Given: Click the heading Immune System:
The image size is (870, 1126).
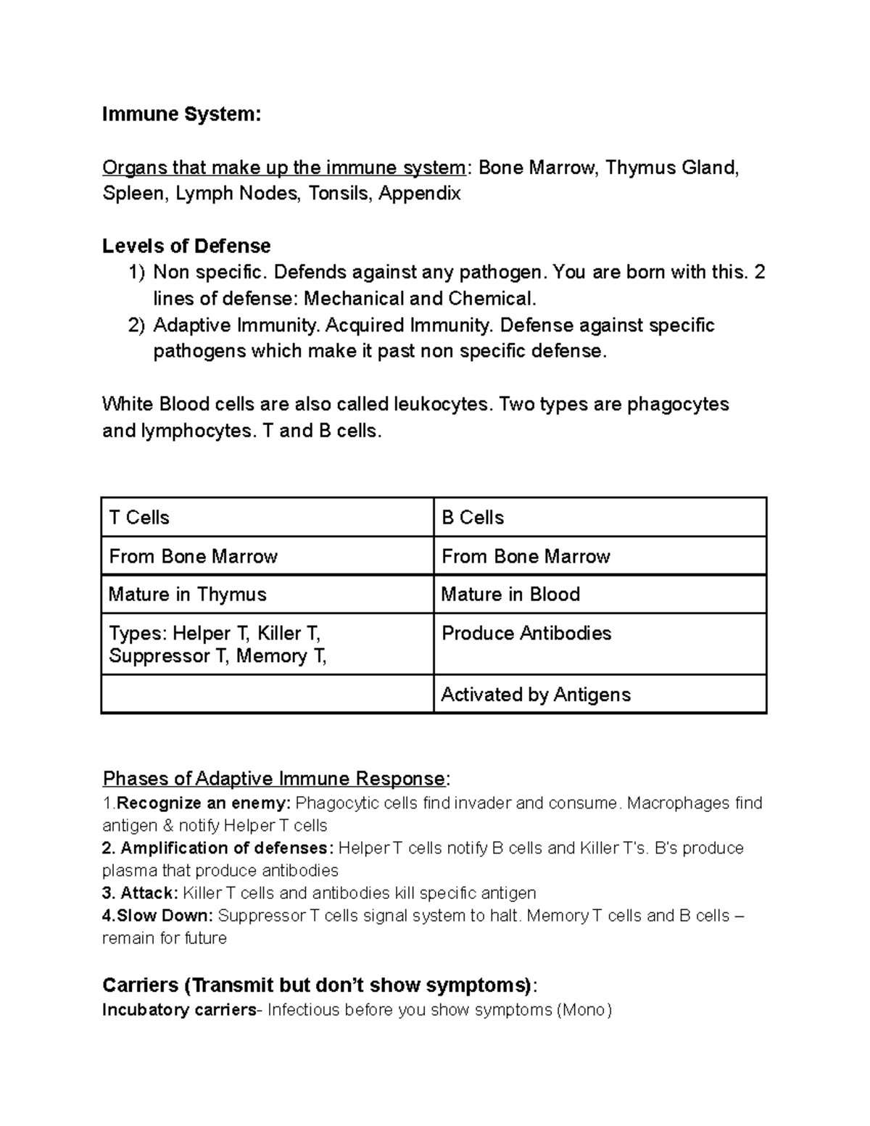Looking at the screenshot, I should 181,115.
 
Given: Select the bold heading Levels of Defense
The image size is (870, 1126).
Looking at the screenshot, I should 186,247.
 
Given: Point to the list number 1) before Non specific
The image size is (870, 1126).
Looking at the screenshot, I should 137,273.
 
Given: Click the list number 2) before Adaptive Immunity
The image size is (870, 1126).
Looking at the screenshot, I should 137,326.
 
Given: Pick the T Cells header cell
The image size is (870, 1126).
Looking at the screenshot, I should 267,518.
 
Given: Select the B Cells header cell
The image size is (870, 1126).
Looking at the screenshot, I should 600,518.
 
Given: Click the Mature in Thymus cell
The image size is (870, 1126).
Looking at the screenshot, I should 267,595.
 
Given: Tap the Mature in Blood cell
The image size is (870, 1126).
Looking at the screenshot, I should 600,595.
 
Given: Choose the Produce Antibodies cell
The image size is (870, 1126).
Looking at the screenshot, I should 600,644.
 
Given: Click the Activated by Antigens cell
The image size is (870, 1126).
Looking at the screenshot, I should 600,695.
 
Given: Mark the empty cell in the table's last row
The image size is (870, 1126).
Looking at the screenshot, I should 267,695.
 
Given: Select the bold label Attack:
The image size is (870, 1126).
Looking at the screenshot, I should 149,893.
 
